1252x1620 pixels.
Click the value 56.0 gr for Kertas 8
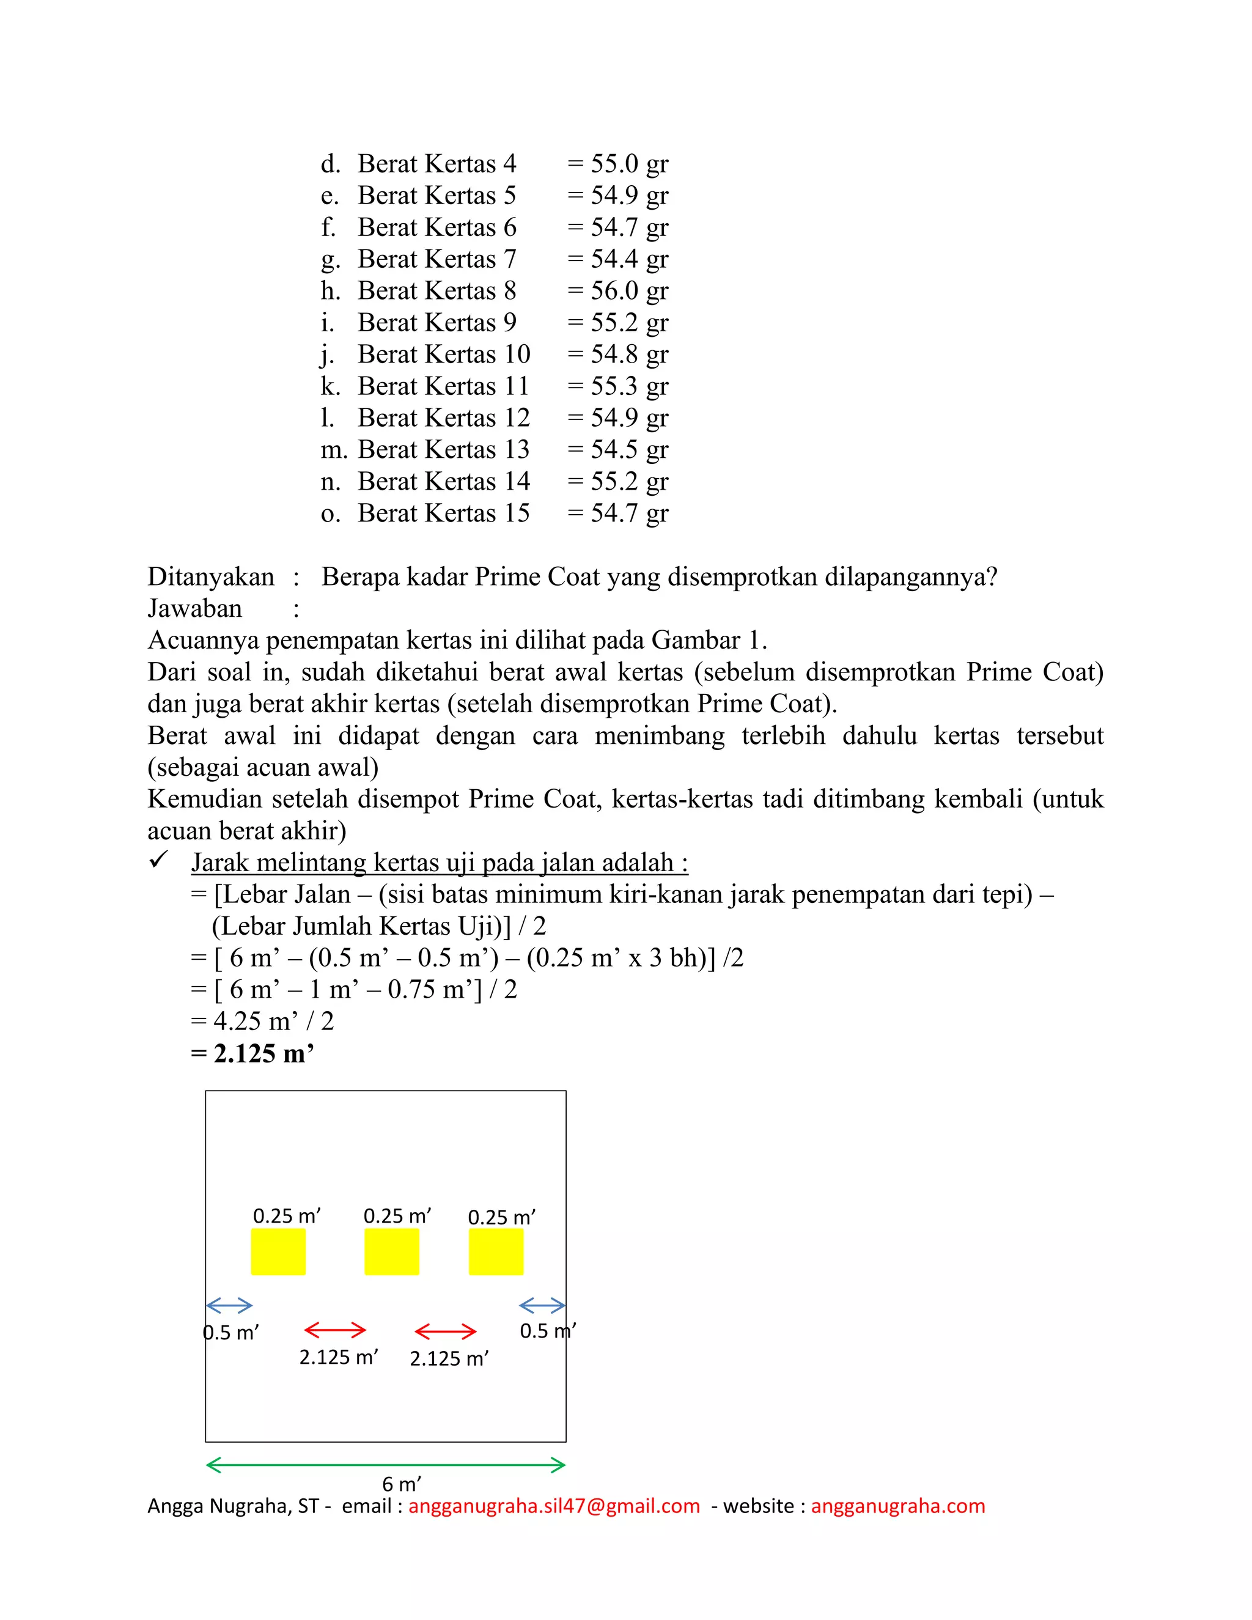coord(628,291)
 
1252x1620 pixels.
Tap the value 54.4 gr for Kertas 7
coord(628,259)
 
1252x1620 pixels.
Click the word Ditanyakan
coord(211,577)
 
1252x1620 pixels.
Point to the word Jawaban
coord(194,609)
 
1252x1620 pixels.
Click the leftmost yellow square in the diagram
coord(278,1252)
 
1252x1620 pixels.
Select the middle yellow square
coord(392,1252)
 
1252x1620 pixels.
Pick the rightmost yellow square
coord(495,1252)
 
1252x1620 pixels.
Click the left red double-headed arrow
coord(335,1330)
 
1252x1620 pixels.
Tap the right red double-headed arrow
coord(445,1331)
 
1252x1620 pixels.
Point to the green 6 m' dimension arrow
coord(386,1465)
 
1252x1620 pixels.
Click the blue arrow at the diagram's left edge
coord(229,1306)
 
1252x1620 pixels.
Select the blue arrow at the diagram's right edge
coord(542,1306)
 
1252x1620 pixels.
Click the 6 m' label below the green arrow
coord(401,1484)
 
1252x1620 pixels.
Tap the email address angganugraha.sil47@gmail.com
coord(554,1506)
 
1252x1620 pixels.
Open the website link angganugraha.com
coord(897,1506)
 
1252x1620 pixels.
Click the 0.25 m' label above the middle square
coord(397,1217)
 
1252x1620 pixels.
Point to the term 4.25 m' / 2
coord(273,1022)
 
